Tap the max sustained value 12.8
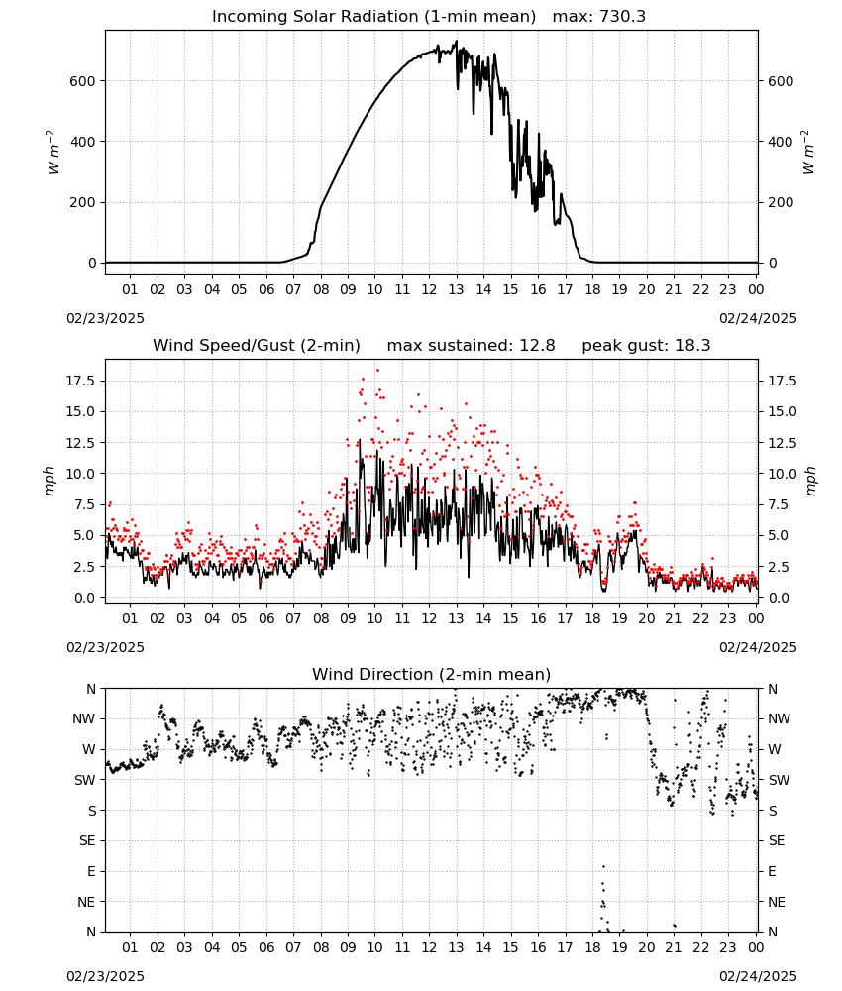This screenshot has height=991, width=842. pos(537,346)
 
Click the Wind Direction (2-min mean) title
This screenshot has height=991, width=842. pos(432,674)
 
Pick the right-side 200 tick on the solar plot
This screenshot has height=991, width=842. pos(781,203)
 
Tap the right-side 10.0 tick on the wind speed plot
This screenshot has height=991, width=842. pos(782,474)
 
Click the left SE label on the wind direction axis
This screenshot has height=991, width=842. pos(87,841)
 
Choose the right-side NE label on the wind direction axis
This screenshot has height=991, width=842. pos(777,903)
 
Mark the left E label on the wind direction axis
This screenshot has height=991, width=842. pos(91,872)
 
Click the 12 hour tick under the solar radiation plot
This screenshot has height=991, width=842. pos(429,290)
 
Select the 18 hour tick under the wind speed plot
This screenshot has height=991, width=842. pos(592,618)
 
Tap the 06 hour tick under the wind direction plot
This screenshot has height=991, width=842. pos(265,948)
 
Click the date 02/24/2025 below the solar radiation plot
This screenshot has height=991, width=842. pos(758,318)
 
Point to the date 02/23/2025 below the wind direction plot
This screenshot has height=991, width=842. pos(105,976)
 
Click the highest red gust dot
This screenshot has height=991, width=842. pos(377,370)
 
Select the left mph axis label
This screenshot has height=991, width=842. pos(50,482)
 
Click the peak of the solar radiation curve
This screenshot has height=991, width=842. pos(456,41)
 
